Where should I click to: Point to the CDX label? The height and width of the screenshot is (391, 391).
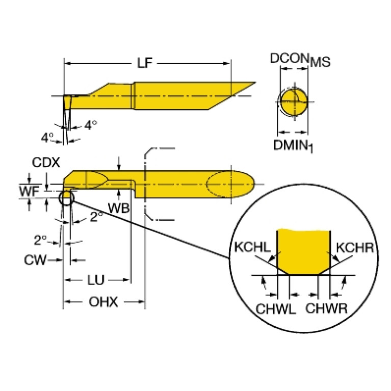tap(46, 163)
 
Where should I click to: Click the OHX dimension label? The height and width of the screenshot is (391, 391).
tap(103, 302)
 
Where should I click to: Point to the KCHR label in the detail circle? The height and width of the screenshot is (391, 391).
tap(356, 247)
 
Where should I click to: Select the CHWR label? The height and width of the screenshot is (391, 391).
tap(327, 308)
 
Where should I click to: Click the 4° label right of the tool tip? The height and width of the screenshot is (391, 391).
tap(90, 125)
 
